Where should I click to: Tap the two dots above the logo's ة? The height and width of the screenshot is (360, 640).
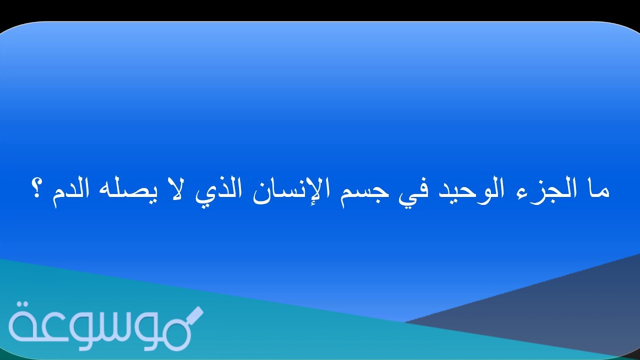(22, 305)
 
